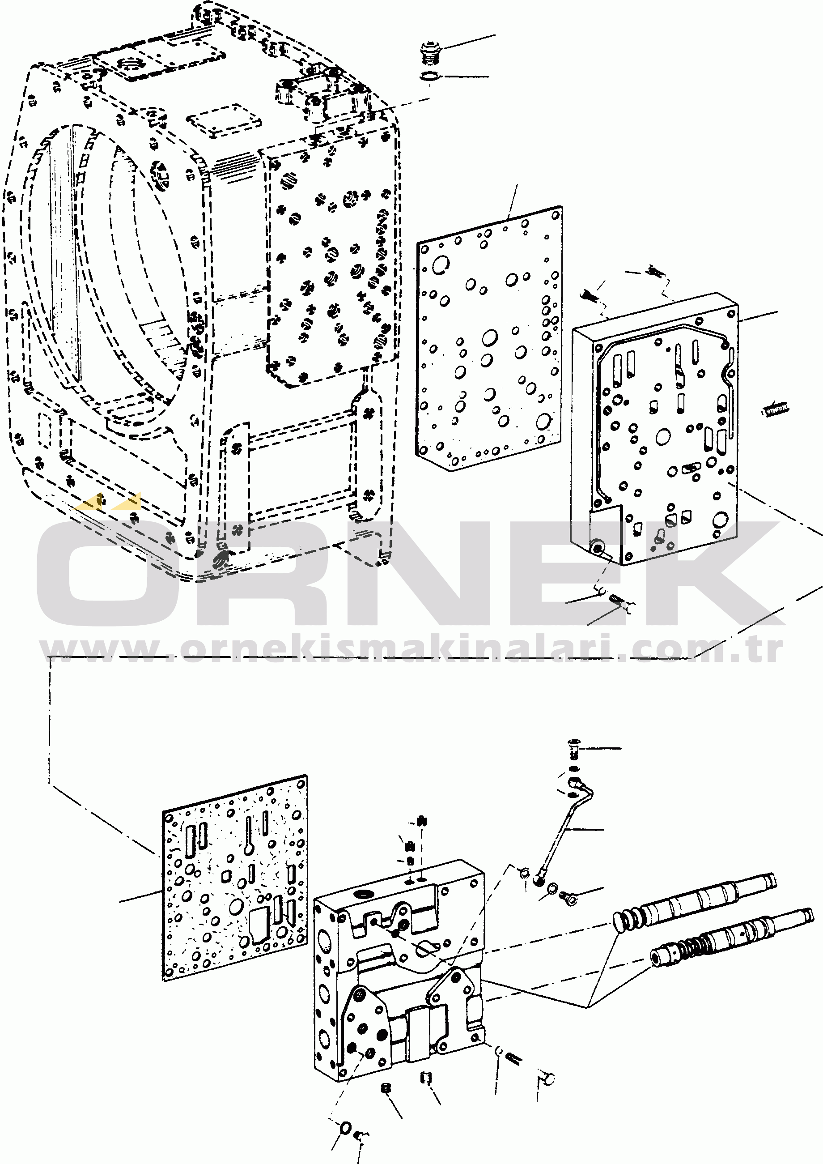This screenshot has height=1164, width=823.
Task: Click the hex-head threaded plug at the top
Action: coord(431,53)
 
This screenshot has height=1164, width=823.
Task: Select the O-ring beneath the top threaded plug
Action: coord(430,77)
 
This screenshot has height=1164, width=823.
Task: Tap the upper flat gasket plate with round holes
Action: coord(489,339)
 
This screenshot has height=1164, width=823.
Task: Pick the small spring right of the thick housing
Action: coord(775,409)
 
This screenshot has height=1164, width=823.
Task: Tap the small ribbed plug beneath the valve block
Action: coord(386,1088)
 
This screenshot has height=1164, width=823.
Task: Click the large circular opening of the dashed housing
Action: coord(106,264)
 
